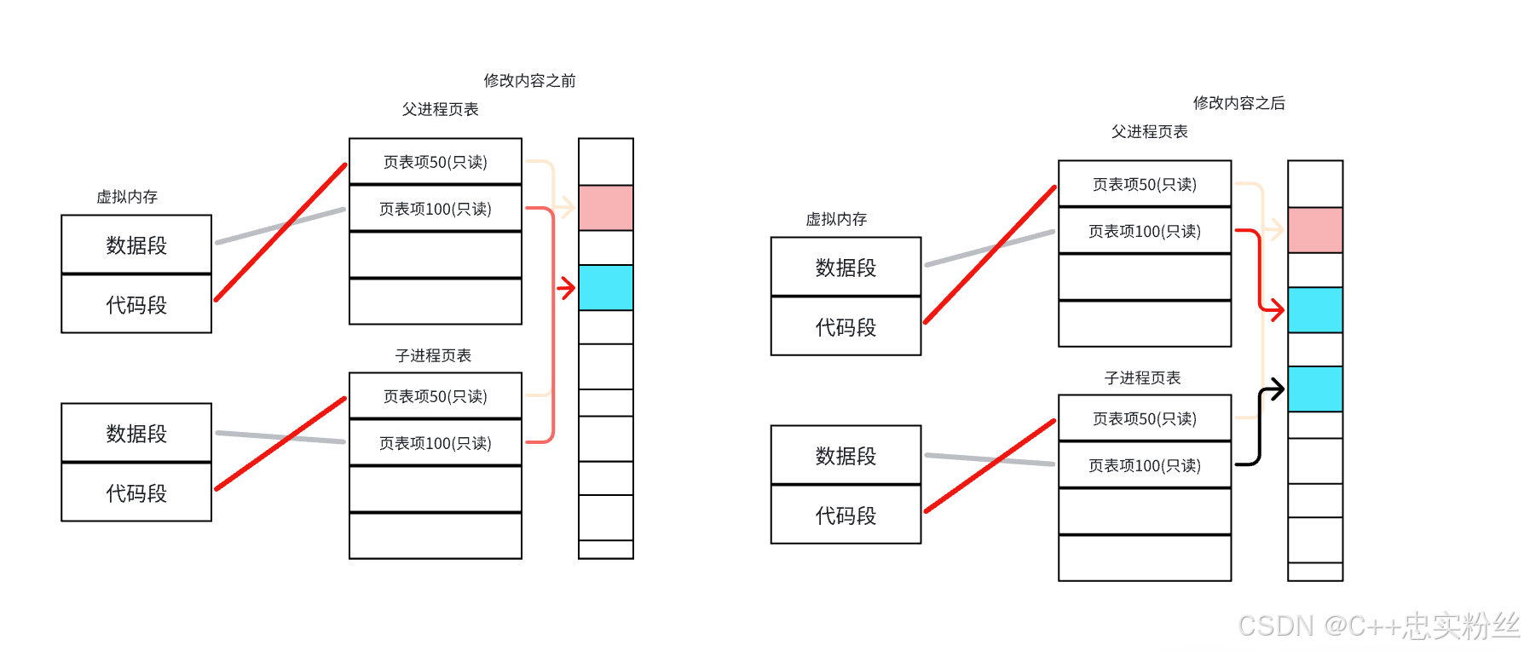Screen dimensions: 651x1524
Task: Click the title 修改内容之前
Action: point(529,81)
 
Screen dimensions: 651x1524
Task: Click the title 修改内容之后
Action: point(1238,103)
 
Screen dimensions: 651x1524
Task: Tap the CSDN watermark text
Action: point(1377,626)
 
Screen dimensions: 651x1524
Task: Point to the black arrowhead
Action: point(1276,390)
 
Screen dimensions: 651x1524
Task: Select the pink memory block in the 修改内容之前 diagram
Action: point(606,208)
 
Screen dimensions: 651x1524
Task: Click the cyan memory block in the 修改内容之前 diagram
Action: point(606,288)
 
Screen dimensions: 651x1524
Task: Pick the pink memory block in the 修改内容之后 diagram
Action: point(1315,230)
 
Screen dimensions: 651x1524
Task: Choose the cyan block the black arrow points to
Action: point(1315,389)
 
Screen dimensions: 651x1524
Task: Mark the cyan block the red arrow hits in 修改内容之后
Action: point(1315,310)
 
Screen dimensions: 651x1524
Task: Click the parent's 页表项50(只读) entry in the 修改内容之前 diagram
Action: point(436,162)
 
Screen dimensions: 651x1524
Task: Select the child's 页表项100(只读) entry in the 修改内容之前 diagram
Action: point(436,443)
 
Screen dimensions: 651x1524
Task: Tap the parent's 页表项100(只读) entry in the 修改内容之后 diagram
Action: point(1145,231)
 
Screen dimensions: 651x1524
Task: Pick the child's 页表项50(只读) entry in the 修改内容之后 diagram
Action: point(1145,418)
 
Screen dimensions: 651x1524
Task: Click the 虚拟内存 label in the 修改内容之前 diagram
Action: point(127,197)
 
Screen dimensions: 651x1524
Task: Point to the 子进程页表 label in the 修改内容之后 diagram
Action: point(1142,377)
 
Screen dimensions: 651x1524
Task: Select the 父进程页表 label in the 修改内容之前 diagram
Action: point(441,109)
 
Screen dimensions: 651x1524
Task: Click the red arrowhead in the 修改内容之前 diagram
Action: point(568,288)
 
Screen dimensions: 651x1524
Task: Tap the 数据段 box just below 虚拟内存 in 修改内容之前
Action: point(136,245)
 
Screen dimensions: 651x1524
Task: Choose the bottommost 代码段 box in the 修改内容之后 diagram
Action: point(846,516)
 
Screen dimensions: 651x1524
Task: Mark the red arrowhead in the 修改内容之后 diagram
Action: point(1276,309)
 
